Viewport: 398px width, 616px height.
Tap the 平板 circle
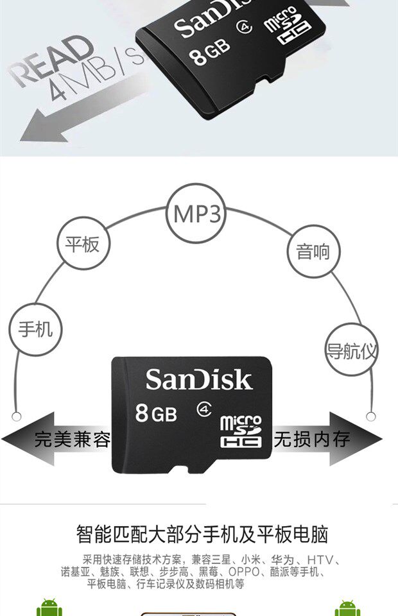(83, 244)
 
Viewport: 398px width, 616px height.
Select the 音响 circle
(313, 251)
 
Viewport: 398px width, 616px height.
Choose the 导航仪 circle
(351, 351)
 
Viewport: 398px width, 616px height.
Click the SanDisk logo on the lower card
(198, 379)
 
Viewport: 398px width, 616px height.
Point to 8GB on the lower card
(156, 413)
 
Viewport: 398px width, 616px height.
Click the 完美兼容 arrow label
(72, 440)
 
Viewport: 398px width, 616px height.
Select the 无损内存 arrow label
(313, 440)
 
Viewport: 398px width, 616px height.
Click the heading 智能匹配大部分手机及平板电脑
(202, 535)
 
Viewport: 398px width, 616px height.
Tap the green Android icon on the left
(49, 608)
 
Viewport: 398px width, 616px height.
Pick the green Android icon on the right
(347, 608)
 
